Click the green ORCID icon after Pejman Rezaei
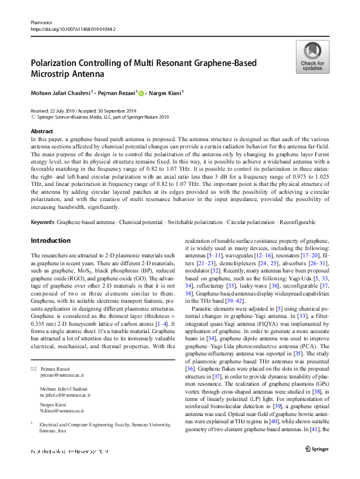click(142, 94)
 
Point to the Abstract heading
click(41, 131)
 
